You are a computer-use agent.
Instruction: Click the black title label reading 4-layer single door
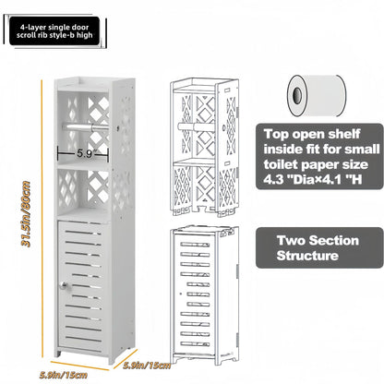[x=54, y=31]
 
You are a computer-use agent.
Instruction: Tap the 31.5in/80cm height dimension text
[x=26, y=214]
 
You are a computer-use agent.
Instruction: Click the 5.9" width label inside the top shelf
[x=85, y=153]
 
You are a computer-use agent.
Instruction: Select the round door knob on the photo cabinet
[x=64, y=285]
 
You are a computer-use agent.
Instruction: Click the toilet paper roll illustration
[x=317, y=95]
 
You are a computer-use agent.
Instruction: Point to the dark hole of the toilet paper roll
[x=297, y=94]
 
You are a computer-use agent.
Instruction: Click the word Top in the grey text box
[x=276, y=134]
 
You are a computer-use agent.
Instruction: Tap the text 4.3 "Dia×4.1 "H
[x=313, y=179]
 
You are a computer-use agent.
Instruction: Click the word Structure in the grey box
[x=307, y=256]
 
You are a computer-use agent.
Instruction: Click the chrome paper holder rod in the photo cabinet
[x=86, y=126]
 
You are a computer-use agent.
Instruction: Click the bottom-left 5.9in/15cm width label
[x=64, y=375]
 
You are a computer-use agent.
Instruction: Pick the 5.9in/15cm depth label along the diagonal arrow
[x=147, y=366]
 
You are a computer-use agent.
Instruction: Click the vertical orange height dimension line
[x=42, y=219]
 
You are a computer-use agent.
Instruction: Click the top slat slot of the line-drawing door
[x=195, y=245]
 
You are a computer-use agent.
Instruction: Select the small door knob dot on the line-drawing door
[x=181, y=294]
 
